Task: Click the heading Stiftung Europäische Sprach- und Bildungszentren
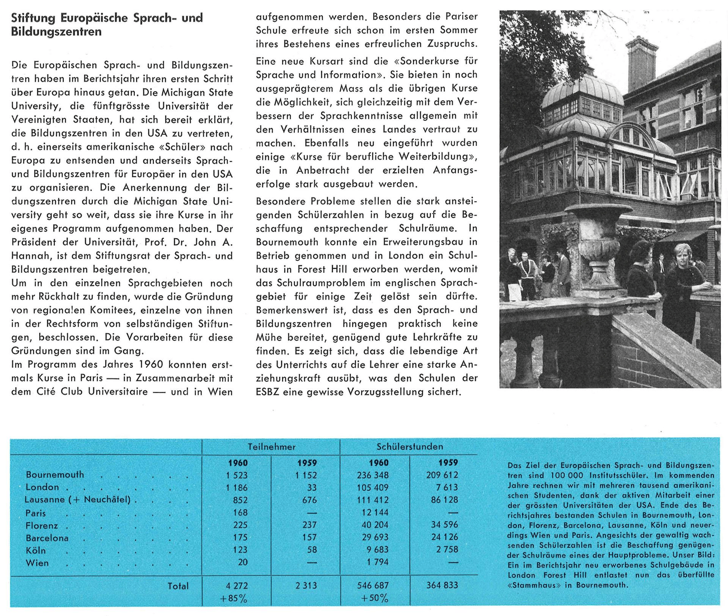[x=106, y=25]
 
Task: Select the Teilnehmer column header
[x=271, y=447]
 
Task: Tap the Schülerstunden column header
[x=410, y=447]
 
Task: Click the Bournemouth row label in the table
[x=55, y=475]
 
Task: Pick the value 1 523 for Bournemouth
[x=237, y=475]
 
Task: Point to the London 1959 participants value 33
[x=312, y=487]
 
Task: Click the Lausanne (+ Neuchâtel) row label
[x=77, y=499]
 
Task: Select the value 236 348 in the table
[x=373, y=475]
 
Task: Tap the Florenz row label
[x=42, y=525]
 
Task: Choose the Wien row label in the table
[x=37, y=562]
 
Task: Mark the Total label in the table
[x=178, y=586]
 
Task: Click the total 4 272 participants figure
[x=237, y=586]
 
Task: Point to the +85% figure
[x=233, y=598]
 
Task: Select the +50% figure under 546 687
[x=374, y=598]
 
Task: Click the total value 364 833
[x=442, y=585]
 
